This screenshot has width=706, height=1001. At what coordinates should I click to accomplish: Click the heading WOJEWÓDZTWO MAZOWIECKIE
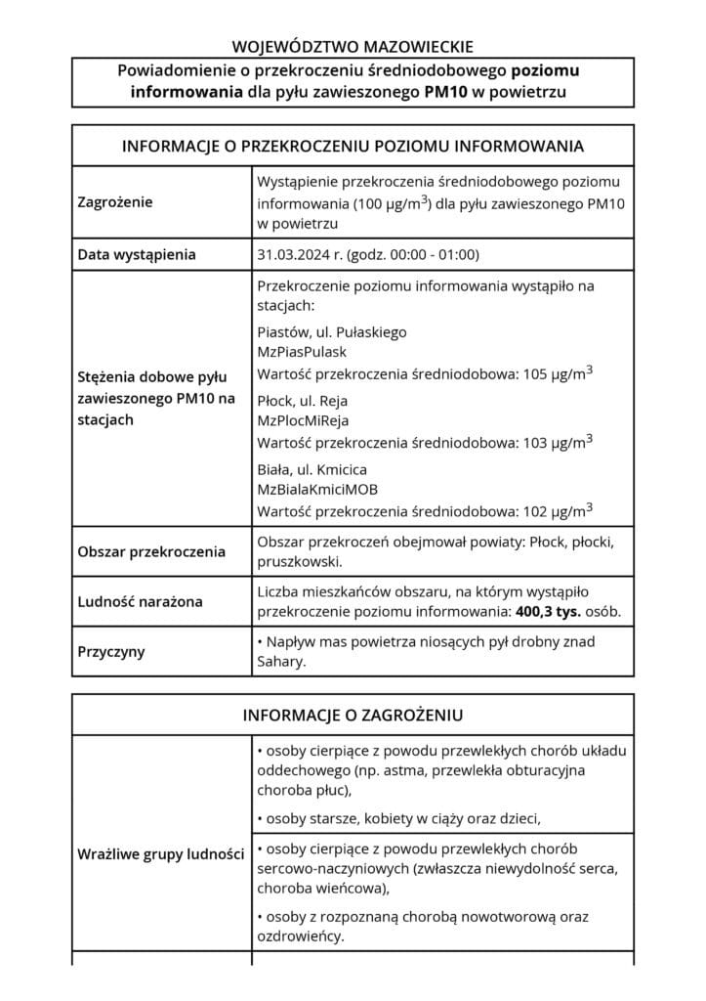(x=353, y=45)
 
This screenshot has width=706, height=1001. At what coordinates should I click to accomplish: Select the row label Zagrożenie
(x=115, y=203)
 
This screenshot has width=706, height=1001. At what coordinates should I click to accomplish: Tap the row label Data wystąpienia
(x=137, y=255)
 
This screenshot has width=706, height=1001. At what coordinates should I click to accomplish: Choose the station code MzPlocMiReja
(x=303, y=421)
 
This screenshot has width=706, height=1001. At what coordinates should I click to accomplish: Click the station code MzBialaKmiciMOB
(x=317, y=490)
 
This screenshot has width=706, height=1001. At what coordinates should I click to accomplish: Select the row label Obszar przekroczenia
(x=151, y=551)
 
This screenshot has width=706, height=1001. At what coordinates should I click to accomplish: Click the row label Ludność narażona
(x=140, y=601)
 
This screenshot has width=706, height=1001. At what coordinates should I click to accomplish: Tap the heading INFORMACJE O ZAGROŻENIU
(x=353, y=716)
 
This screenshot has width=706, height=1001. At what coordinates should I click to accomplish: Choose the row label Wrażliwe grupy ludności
(x=160, y=854)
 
